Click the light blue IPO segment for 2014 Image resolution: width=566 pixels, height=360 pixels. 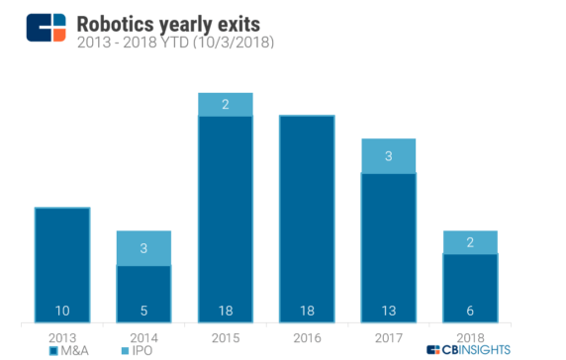143,247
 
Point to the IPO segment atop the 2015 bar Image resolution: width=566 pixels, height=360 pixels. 226,104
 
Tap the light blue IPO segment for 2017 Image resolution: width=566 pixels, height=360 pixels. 389,155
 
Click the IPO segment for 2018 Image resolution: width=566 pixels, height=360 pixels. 470,241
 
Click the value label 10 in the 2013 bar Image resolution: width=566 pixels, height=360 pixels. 62,311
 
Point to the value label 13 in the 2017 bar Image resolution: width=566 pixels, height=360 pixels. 389,311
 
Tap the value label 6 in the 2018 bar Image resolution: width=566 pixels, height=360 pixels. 470,311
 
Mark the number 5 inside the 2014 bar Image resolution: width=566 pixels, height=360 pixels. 143,311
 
